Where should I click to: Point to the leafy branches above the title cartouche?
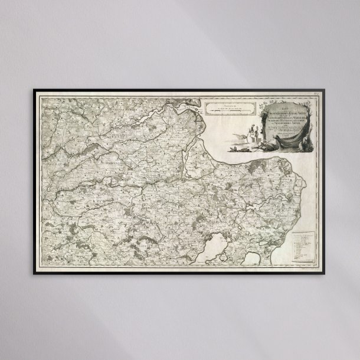[x=277, y=97]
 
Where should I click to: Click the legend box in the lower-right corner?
[x=304, y=245]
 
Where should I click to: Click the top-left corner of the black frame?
[x=34, y=90]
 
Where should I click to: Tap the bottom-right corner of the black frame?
[x=326, y=273]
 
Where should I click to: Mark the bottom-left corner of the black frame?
[x=34, y=273]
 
